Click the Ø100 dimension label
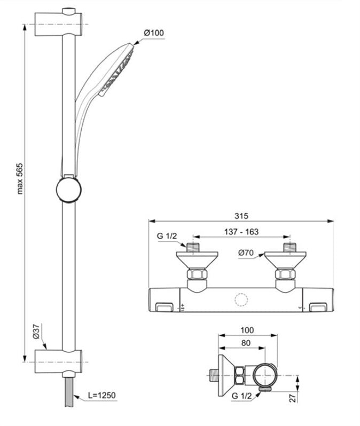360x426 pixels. [154, 33]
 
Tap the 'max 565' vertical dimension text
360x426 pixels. [20, 179]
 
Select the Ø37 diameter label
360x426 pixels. [36, 332]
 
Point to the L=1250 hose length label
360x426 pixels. [102, 395]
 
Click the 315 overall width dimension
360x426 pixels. [241, 216]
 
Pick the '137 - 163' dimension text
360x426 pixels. [241, 232]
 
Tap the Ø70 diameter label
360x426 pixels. [246, 253]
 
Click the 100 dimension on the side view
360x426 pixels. [247, 330]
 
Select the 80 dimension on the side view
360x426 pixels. [246, 343]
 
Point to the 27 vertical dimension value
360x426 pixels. [293, 398]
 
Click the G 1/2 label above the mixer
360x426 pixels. [167, 236]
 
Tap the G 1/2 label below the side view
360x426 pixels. [242, 396]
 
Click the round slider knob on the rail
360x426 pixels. [69, 190]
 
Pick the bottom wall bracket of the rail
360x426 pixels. [58, 361]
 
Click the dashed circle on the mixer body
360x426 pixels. [241, 300]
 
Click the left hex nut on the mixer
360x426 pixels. [197, 274]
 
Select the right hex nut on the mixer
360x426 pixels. [285, 274]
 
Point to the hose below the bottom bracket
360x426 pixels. [69, 392]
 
